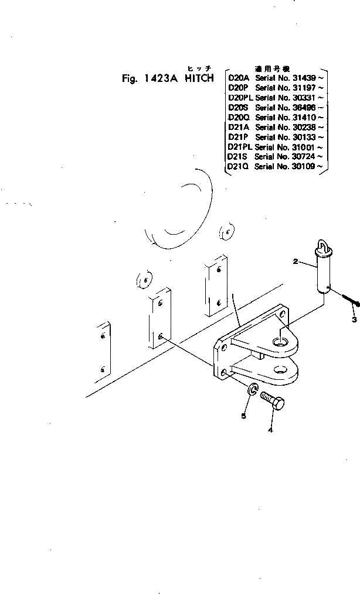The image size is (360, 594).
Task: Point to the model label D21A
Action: [x=238, y=127]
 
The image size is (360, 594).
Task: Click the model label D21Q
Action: [x=239, y=167]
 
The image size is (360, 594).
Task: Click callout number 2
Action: [x=296, y=261]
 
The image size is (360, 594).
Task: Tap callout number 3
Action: [x=354, y=320]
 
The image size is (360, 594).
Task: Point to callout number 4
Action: [x=270, y=430]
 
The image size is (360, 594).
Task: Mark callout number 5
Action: [x=244, y=416]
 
